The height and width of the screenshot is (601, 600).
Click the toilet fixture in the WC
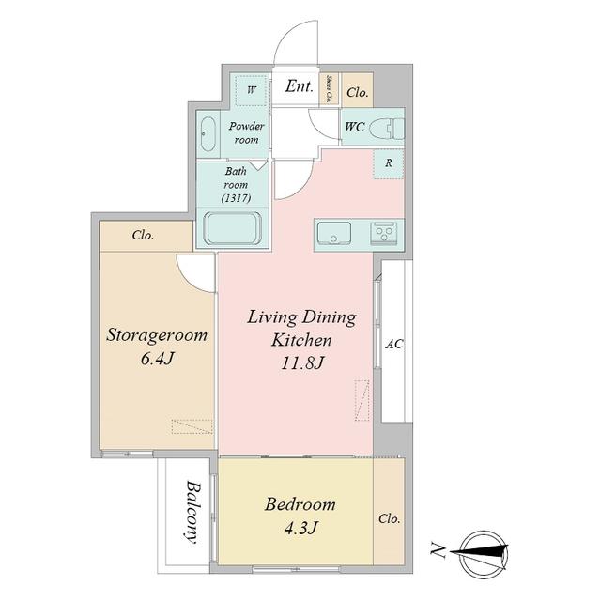coord(387,129)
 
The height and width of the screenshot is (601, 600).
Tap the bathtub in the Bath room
coord(233,228)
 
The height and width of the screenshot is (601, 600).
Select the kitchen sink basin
coord(334,233)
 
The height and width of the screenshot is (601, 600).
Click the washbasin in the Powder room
coord(208,133)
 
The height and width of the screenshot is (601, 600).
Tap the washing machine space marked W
coord(252,91)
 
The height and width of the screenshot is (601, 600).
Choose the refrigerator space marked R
coord(389,163)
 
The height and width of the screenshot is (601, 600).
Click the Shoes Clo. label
coord(329,88)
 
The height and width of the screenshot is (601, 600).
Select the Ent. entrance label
coord(299,86)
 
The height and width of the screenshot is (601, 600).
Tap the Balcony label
coord(192,511)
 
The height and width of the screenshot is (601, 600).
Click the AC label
coord(393,344)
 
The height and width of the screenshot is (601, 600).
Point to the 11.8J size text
coord(302,362)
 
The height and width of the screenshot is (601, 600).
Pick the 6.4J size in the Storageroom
coord(158,359)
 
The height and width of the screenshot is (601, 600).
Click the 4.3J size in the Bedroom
coord(300,528)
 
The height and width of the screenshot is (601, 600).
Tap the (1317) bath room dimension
coord(236,198)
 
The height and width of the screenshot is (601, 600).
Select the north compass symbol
coord(484,551)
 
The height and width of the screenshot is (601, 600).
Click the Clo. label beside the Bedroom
coord(390,519)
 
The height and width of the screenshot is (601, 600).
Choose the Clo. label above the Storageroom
coord(143,235)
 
